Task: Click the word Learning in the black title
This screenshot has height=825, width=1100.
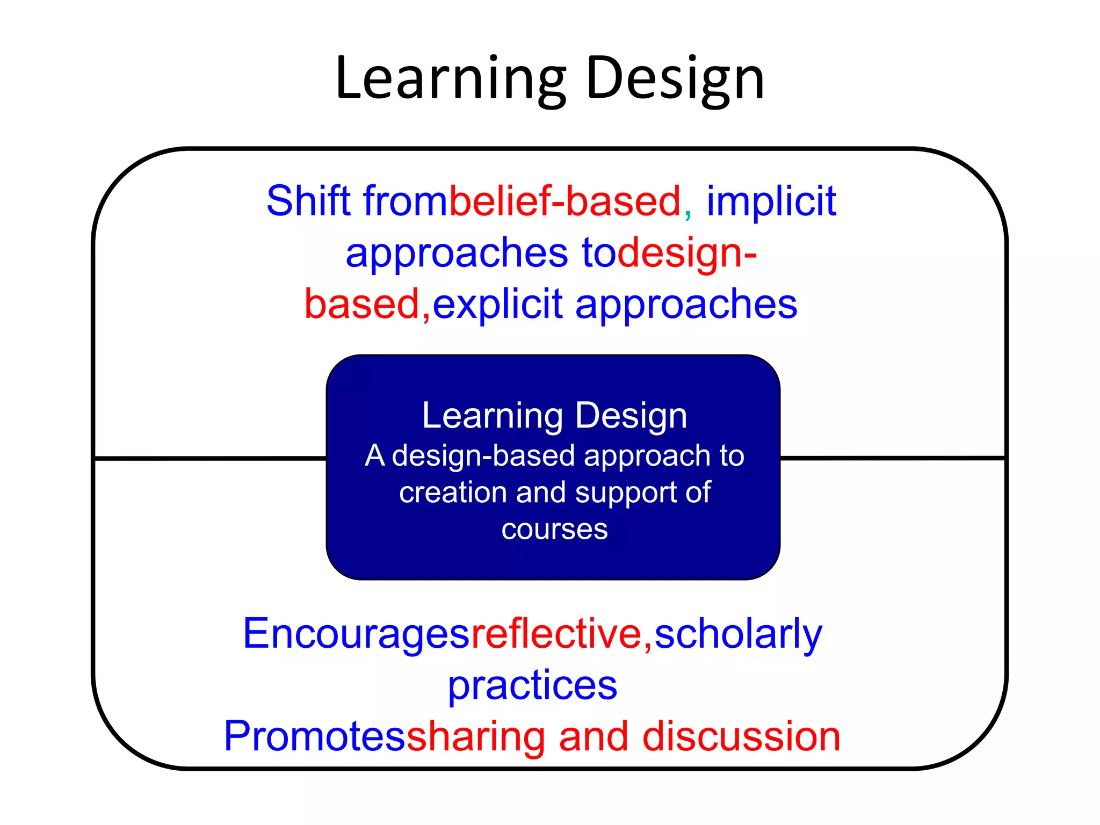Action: coord(450,79)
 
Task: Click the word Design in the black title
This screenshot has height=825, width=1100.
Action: coord(675,79)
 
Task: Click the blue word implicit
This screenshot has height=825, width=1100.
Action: coord(771,201)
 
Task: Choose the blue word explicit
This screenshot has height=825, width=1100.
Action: coord(497,304)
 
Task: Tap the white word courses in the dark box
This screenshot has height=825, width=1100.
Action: coord(554,530)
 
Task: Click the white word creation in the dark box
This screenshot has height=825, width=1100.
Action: coord(453,492)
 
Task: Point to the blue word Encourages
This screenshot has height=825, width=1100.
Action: coord(356,634)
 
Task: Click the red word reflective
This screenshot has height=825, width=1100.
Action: coord(556,634)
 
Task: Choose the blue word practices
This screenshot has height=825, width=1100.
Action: coord(532,686)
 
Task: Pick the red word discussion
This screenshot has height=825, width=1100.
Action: coord(741,736)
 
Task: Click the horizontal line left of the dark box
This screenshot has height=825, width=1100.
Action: coord(209,458)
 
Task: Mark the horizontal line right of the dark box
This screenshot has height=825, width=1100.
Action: coord(892,458)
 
